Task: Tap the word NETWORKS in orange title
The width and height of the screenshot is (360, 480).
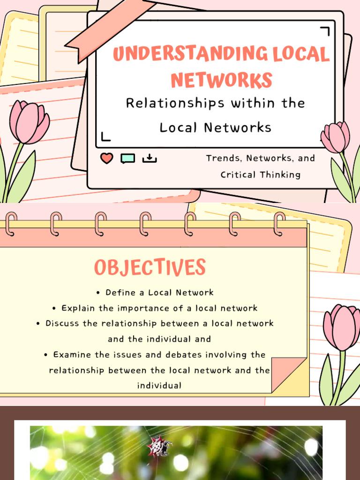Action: click(221, 80)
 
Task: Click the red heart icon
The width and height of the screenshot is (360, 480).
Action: click(107, 158)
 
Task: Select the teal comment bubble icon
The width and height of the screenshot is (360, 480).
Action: click(127, 158)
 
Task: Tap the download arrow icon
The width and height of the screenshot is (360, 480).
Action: click(149, 158)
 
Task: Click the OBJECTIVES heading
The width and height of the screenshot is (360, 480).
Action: click(150, 268)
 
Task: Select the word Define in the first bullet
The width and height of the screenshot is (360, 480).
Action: click(119, 292)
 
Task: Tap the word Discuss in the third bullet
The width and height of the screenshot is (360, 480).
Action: click(61, 323)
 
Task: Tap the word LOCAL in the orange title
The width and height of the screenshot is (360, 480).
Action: click(304, 54)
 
